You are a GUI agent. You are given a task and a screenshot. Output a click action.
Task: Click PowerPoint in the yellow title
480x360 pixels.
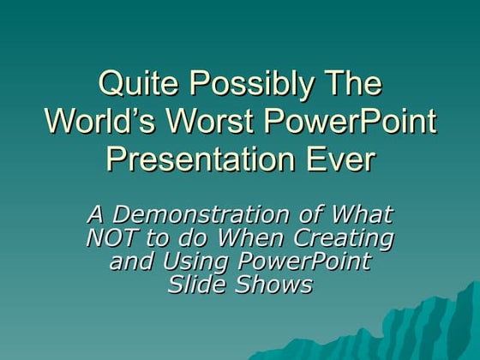[351, 122]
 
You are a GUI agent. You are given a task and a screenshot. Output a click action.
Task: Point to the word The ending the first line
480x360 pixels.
[350, 86]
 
